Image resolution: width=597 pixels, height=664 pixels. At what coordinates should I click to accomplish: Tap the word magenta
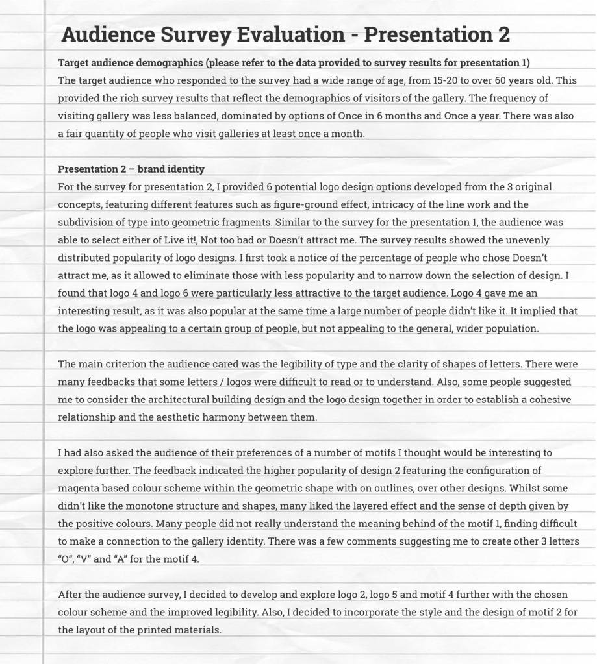tap(79, 488)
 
